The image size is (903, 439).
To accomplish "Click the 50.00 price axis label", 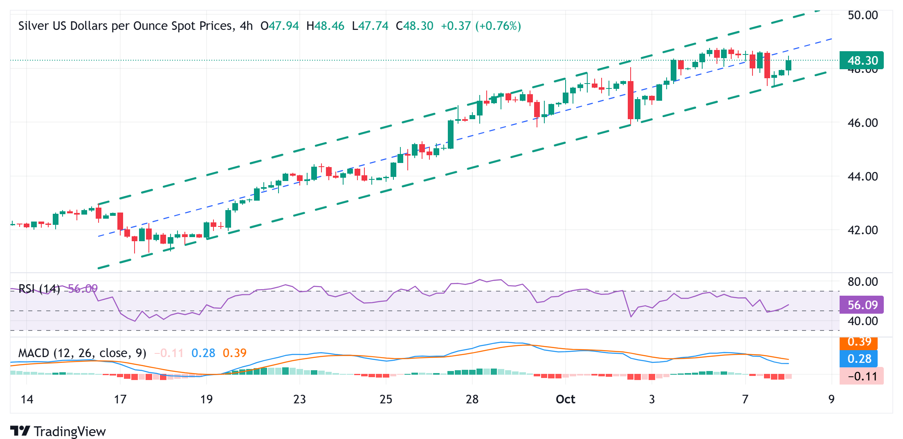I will click(863, 16).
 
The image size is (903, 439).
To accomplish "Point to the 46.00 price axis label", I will click(863, 123).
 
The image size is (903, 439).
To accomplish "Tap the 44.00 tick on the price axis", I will click(863, 177).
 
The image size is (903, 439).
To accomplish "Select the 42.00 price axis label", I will click(863, 230).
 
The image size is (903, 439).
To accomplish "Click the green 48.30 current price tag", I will click(861, 61).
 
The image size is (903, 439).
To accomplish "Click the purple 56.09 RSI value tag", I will click(861, 305).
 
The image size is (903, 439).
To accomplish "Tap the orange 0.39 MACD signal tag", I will click(859, 342).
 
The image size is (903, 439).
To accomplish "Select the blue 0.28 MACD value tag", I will click(859, 359).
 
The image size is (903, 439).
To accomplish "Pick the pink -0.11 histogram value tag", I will click(861, 376).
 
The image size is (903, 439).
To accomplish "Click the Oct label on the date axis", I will click(565, 399).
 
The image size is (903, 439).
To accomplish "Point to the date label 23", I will click(299, 399).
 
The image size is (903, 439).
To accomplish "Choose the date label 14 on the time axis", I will click(27, 399).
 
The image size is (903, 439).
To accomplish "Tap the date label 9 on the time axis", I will click(831, 399).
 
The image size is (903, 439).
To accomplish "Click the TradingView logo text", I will click(70, 432).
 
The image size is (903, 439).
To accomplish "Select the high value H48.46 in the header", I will click(325, 26).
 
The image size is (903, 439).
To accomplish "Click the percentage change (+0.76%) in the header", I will click(498, 26).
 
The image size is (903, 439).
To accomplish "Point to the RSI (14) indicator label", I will click(39, 289).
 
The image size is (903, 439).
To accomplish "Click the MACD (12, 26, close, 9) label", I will click(82, 353).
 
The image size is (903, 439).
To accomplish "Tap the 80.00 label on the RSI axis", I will click(863, 282).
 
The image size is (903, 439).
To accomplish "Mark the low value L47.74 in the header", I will click(370, 26).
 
